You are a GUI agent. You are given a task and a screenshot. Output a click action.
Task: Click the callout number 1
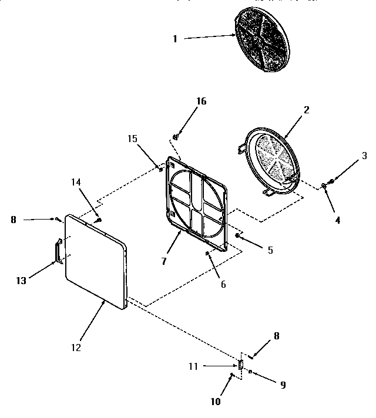174,39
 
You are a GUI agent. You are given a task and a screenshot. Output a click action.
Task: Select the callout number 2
306,110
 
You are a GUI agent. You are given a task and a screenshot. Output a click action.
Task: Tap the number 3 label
364,156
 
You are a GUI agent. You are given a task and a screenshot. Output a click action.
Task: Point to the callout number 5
270,250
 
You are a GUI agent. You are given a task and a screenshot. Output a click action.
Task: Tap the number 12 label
75,347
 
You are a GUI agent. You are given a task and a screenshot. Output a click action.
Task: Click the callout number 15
132,138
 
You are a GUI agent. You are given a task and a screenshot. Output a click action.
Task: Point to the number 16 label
201,101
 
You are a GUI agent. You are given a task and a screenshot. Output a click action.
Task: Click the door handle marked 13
58,251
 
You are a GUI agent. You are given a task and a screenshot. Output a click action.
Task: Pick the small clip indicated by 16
175,137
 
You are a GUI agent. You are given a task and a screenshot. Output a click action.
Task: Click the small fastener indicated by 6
207,254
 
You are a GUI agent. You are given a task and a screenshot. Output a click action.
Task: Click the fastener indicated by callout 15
160,170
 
